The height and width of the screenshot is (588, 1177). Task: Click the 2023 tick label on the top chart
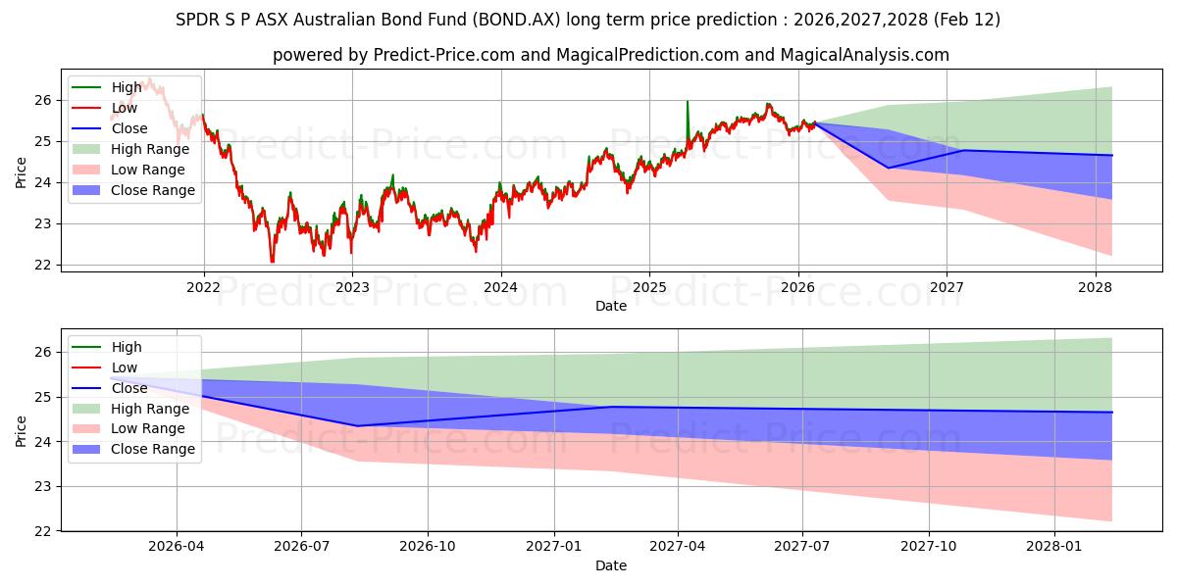coord(352,287)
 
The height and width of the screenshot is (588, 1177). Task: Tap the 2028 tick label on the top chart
coord(1095,287)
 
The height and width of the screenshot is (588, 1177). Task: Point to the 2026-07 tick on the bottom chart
coord(301,547)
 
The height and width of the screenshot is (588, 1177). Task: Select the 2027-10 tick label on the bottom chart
coord(928,547)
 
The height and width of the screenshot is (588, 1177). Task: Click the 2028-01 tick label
coord(1053,547)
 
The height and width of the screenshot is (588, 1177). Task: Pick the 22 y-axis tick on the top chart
coord(41,265)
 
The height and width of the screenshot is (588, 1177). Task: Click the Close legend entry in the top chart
coord(129,128)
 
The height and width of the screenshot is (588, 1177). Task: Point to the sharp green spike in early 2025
coord(687,102)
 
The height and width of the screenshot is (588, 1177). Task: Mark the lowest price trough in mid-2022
coord(272,261)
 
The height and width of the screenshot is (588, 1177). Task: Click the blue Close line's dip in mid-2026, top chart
coord(889,168)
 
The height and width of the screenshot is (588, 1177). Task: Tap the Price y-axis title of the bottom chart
coord(22,428)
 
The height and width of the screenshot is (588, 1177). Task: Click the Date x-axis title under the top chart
coord(611,306)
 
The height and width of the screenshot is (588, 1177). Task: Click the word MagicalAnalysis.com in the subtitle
coord(864,55)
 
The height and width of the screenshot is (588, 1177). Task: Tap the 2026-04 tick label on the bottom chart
coord(177,547)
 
